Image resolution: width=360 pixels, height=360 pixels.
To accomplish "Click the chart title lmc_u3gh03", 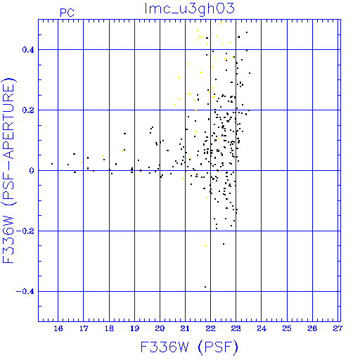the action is click(189, 8).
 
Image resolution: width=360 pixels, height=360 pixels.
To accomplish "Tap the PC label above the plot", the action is click(67, 13).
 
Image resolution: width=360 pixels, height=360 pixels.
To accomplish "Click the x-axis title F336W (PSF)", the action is click(189, 347).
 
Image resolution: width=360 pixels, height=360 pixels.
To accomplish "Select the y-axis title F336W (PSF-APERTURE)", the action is click(9, 171).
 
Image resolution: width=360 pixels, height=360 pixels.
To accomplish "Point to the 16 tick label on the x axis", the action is click(58, 328).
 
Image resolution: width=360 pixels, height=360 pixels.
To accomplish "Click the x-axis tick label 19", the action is click(134, 328).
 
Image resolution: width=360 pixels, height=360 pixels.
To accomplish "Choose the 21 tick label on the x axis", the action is click(185, 328).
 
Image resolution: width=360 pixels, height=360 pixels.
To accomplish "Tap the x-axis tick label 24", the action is click(262, 328).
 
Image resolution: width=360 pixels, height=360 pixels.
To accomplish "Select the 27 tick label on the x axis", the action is click(337, 328).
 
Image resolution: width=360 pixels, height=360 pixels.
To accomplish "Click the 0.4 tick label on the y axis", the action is click(28, 50).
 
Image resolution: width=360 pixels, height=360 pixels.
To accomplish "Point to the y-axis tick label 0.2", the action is click(28, 110).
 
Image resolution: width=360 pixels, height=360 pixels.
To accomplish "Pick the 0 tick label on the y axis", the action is click(32, 171).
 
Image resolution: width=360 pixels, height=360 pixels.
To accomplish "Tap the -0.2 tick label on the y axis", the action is click(25, 231).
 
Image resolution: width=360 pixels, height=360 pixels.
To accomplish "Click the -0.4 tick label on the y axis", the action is click(25, 292).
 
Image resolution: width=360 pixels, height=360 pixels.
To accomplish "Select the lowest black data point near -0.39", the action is click(205, 287).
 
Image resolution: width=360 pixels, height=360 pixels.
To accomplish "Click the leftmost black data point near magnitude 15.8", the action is click(52, 164).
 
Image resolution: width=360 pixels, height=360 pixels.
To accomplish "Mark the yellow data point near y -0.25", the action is click(206, 245).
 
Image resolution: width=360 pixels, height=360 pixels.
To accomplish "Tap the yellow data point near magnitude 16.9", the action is click(81, 162).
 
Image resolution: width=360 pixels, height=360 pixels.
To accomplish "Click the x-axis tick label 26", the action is click(312, 328).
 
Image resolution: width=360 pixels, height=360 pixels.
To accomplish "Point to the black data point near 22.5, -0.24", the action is click(224, 244).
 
